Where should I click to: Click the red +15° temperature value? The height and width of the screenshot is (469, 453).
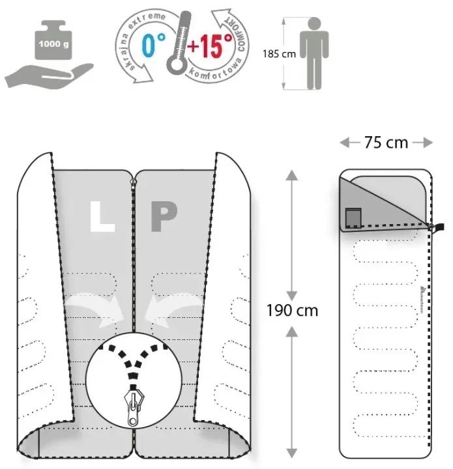[210, 47]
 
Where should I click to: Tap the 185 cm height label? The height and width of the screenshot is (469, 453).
[278, 54]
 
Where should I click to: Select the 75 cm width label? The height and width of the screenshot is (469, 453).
[386, 142]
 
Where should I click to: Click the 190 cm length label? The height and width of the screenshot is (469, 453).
[292, 310]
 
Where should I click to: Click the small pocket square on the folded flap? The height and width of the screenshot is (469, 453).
[354, 217]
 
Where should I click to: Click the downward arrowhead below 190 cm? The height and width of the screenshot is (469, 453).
[292, 448]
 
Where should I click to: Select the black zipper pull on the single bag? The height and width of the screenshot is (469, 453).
[439, 227]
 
